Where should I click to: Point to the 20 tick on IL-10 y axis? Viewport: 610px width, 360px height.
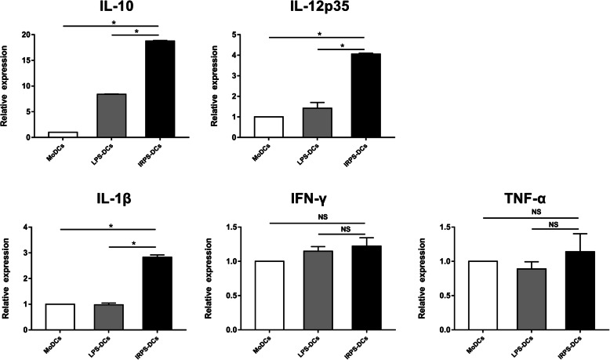[27, 35]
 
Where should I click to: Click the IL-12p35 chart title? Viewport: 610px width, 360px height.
[318, 10]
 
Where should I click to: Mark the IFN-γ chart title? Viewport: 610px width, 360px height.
[319, 210]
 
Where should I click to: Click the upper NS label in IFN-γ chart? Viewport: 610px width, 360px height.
[319, 216]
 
